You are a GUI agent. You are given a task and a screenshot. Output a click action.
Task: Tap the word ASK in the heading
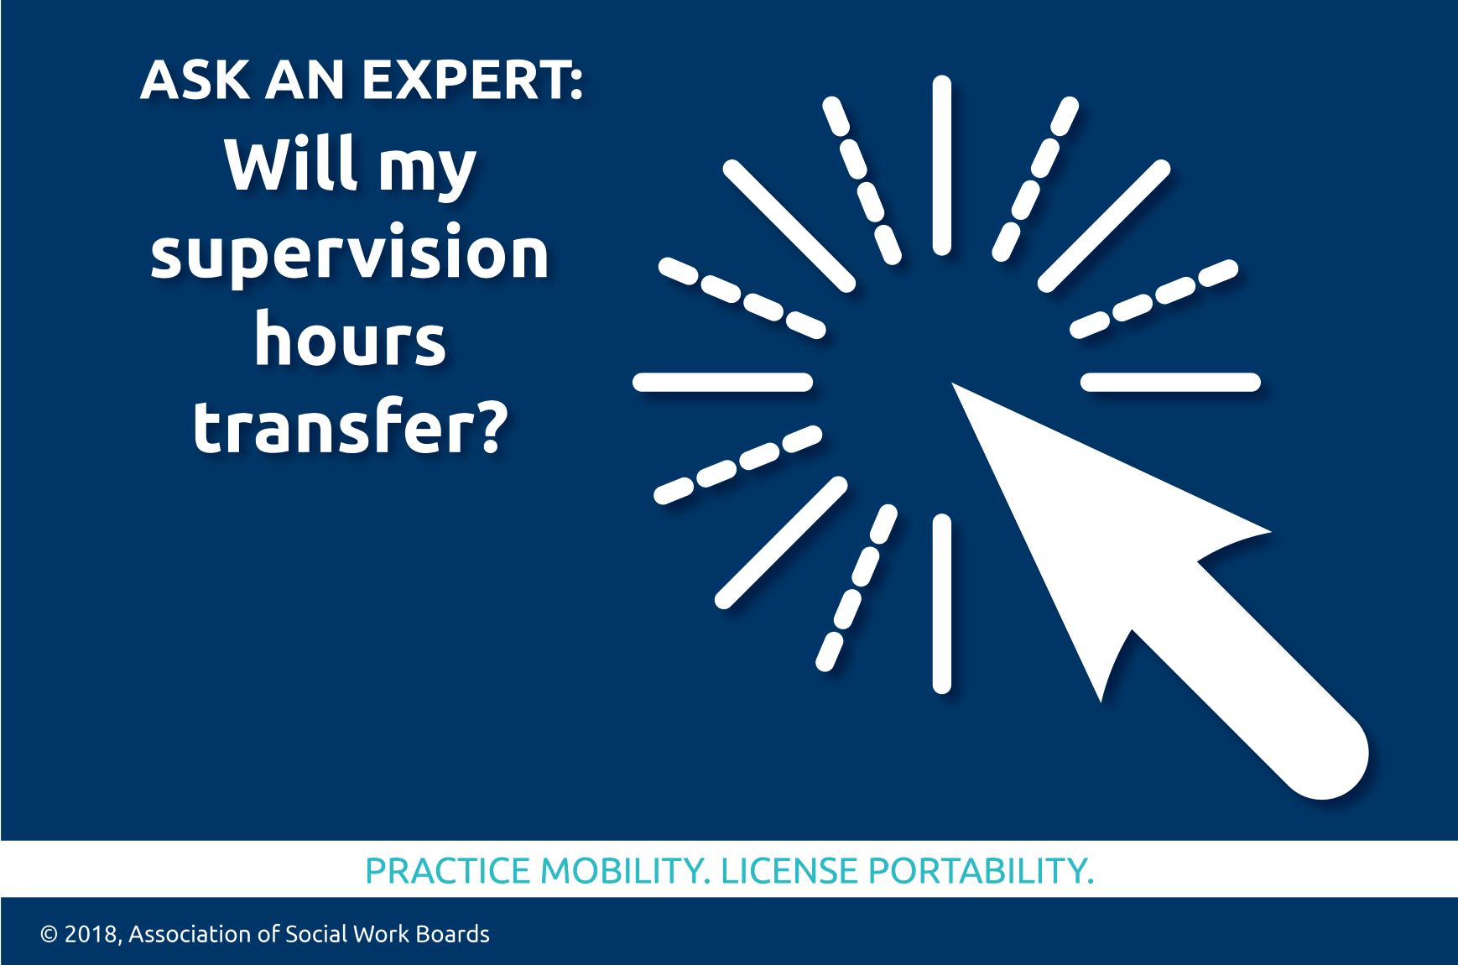pos(195,81)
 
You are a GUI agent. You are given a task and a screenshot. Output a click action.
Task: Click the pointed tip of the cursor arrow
pos(953,385)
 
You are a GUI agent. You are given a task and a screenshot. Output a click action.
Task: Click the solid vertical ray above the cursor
pos(942,165)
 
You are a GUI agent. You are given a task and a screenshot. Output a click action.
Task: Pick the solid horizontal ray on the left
pos(722,383)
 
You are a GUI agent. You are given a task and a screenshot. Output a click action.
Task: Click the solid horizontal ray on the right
pos(1171,383)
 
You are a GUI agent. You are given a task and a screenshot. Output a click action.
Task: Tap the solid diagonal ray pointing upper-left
pos(789,226)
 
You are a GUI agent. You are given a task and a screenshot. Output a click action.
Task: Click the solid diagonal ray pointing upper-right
pos(1104,226)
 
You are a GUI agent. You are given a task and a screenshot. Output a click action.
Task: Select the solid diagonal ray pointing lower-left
pos(781,542)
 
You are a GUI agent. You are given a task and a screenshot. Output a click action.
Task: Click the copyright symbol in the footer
pos(49,935)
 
